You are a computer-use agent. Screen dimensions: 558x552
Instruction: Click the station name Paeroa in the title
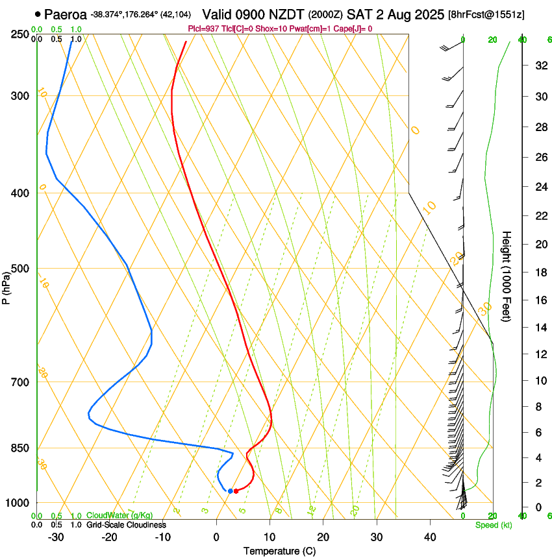coord(66,14)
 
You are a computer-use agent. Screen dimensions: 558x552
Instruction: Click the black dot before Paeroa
coord(38,14)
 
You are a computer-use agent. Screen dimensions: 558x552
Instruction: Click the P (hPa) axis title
coord(6,286)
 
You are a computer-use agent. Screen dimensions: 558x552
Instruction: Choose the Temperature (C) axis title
coord(279,551)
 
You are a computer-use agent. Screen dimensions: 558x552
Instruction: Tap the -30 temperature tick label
coord(56,537)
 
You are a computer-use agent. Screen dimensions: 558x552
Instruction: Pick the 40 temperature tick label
coord(429,537)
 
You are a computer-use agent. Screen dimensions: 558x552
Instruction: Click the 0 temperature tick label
coord(216,537)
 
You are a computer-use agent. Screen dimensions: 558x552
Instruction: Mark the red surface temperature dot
coord(236,491)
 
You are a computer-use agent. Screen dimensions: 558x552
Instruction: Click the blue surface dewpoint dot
coord(230,491)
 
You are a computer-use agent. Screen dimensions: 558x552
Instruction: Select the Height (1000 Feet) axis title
coord(507,276)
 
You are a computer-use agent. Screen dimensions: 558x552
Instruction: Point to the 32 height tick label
coord(540,66)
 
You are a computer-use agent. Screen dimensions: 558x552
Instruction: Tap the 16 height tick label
coord(540,300)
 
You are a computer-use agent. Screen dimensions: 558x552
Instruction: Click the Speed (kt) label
coord(493,525)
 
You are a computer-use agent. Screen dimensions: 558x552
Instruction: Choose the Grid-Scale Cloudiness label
coord(126,525)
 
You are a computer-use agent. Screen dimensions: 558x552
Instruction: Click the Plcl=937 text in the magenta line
coord(203,29)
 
